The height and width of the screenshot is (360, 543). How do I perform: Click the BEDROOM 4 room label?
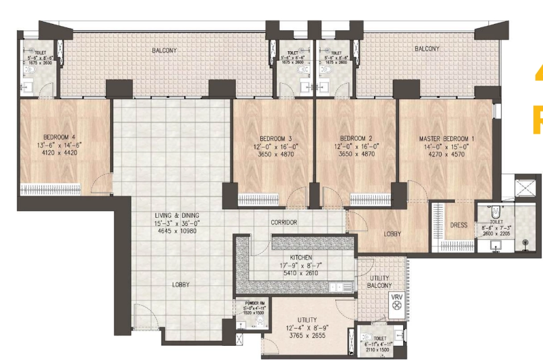point(60,137)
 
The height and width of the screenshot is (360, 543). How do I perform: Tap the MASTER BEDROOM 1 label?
point(446,139)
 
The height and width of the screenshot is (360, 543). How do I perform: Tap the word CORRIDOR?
point(284,222)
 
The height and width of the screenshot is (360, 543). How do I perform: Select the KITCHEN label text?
point(301,258)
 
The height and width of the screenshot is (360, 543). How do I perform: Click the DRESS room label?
point(458,225)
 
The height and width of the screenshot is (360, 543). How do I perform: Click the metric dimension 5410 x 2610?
point(301,273)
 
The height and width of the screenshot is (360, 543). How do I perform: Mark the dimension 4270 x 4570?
point(446,154)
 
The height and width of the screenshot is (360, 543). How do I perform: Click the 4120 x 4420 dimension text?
point(60,152)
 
